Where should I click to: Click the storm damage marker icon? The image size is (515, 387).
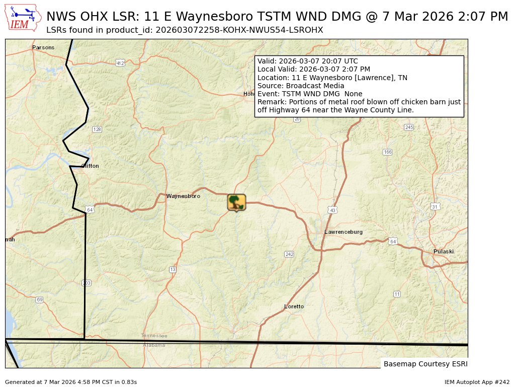(x=236, y=202)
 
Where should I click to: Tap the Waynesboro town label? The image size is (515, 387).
(x=183, y=196)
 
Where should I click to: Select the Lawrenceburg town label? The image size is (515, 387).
(x=344, y=232)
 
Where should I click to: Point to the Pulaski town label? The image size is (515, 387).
(x=444, y=251)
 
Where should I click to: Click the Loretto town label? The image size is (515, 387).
(x=294, y=306)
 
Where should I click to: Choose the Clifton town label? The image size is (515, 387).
(x=90, y=166)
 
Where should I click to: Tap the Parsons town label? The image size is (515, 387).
(x=43, y=48)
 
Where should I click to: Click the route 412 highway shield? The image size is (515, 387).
(x=120, y=63)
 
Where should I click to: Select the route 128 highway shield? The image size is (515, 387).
(x=97, y=130)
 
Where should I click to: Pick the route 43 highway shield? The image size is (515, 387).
(x=332, y=210)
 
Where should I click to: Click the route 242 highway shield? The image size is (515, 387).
(x=289, y=254)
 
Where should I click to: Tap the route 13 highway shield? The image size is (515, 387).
(x=173, y=270)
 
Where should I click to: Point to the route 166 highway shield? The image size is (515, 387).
(x=387, y=152)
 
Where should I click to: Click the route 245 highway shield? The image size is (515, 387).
(x=409, y=127)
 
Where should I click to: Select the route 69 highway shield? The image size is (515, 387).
(x=39, y=300)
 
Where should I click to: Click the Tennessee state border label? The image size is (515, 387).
(x=154, y=336)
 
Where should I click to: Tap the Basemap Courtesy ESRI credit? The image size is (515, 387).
(x=425, y=364)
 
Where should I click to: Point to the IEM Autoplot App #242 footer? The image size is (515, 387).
(x=477, y=382)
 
